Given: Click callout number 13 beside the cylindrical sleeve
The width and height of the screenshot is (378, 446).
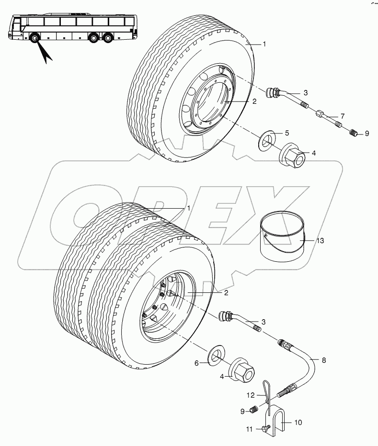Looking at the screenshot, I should point(320,241).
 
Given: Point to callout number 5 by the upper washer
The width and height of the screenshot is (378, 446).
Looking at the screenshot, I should point(287,132).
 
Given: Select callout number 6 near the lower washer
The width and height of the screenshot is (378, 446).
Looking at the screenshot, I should point(196,364).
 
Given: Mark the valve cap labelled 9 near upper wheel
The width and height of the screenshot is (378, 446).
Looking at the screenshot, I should point(353,133).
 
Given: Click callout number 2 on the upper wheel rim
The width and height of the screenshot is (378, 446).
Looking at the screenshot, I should point(254,101).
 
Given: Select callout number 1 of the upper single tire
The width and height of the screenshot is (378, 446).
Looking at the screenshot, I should point(263,44).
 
